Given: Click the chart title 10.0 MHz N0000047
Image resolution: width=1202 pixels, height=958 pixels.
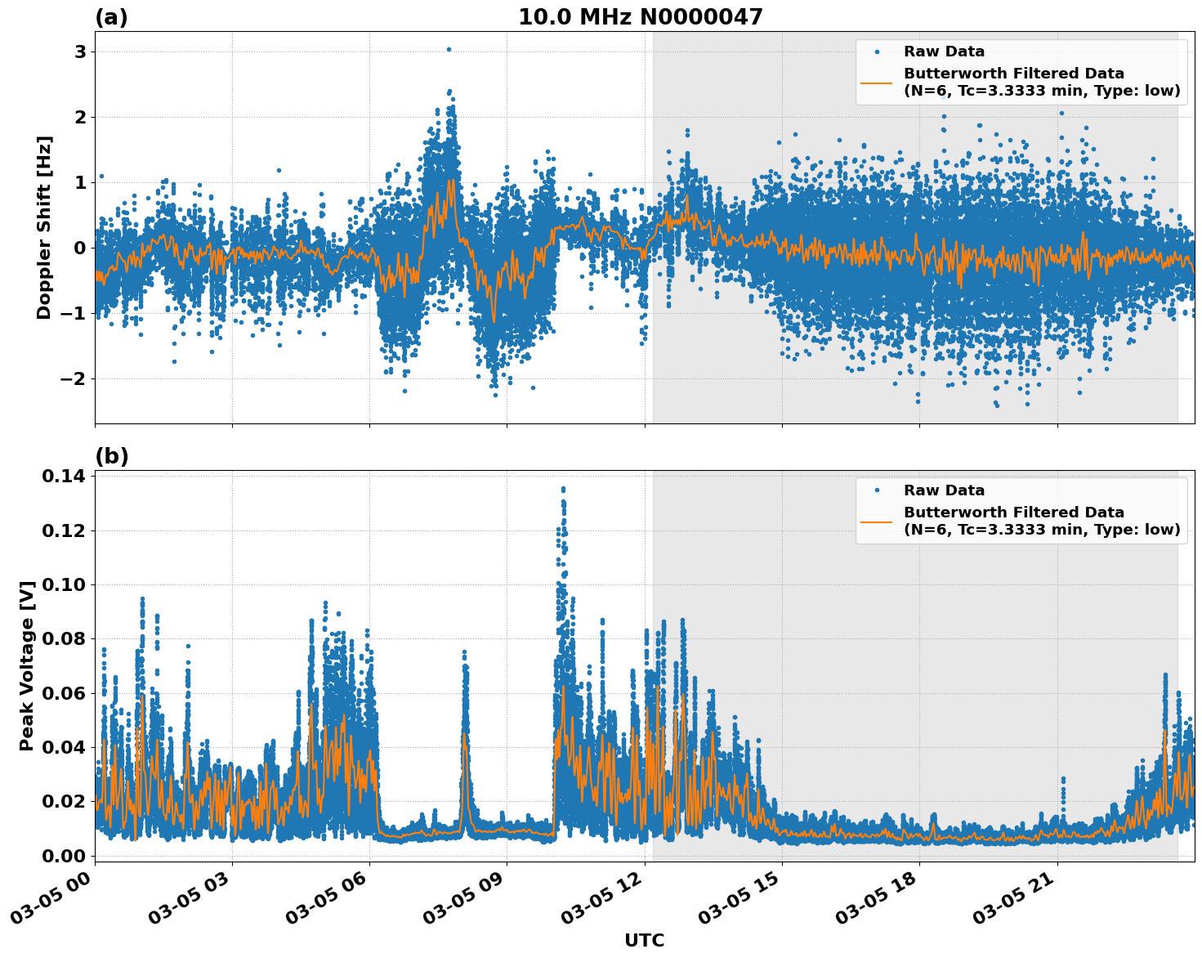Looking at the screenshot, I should (640, 17).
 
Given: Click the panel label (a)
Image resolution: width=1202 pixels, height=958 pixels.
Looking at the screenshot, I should (111, 17).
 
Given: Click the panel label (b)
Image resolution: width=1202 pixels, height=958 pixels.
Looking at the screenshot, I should (111, 456).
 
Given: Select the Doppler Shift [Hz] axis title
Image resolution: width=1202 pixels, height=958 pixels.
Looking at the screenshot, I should (44, 227).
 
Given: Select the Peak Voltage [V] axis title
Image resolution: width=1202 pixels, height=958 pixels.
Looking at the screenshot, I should (27, 665).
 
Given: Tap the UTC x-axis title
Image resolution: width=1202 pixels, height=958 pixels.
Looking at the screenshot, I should (644, 940).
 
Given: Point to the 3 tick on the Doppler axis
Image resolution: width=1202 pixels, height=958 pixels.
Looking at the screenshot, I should (80, 51).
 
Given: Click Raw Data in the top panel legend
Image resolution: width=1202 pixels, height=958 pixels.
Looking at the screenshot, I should (944, 51).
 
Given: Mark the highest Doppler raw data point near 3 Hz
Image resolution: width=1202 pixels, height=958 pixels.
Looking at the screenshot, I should (449, 49).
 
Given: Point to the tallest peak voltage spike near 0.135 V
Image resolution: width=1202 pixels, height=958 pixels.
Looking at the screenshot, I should (562, 490).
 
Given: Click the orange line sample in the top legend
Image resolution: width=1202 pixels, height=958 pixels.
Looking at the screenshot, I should (876, 82).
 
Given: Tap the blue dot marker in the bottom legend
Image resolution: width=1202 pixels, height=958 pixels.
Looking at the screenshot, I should (876, 490).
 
